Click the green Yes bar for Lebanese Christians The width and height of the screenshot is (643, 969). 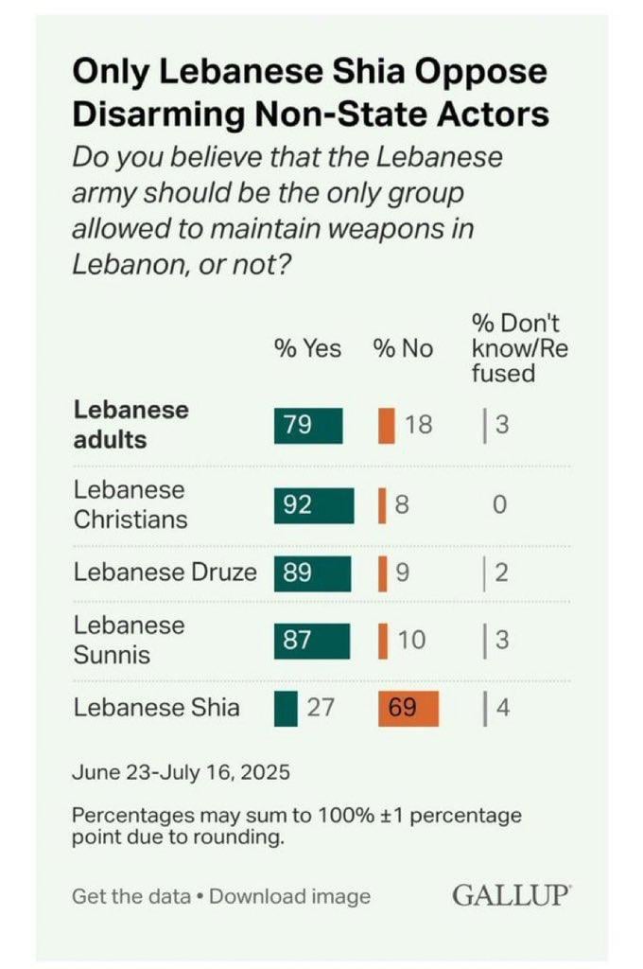coord(314,505)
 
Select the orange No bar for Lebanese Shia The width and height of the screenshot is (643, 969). coord(409,707)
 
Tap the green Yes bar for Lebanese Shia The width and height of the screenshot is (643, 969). coord(286,707)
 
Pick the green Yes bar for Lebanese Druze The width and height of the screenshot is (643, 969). coord(312,573)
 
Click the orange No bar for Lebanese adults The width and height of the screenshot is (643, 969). coord(386,425)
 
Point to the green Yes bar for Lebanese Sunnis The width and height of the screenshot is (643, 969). coord(312,641)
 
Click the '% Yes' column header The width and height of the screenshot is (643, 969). coord(308,349)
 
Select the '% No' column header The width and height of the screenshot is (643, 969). coord(403,349)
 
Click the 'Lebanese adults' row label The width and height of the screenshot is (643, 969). coord(130,425)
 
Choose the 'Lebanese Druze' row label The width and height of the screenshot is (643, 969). coord(165,573)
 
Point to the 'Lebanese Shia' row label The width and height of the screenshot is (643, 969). coord(156,707)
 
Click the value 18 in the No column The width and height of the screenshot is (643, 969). coord(418,425)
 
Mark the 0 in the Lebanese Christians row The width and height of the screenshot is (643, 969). coord(499,505)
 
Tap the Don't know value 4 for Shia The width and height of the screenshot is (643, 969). coord(502,707)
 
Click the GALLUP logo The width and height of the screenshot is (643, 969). coord(512,895)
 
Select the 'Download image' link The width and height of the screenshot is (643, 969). coord(289,896)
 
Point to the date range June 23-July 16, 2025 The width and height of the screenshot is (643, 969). coord(181,771)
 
